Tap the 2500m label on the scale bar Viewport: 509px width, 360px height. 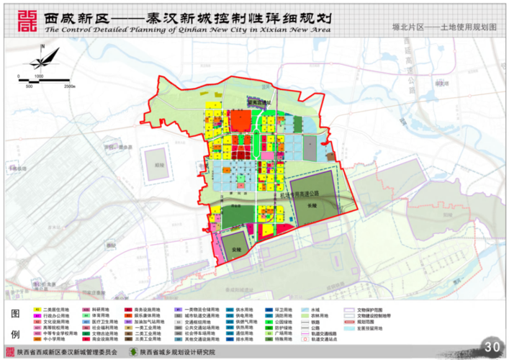tap(70, 86)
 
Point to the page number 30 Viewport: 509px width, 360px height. tap(492, 347)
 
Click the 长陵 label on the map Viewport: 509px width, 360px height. tap(311, 204)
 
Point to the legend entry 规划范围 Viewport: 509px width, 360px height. tap(371, 321)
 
